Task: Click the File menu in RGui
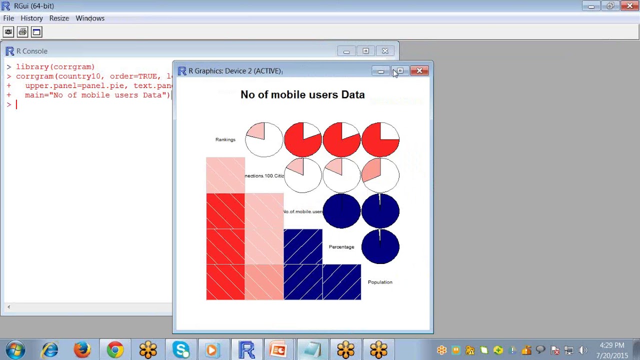8,18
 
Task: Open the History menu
31,18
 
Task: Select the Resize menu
59,18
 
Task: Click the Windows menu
90,18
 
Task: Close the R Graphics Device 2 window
419,71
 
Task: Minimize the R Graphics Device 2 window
381,71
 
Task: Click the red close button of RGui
628,6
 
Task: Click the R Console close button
385,51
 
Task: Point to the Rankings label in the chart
225,139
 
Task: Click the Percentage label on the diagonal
341,247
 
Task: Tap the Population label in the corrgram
380,282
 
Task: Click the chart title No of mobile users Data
302,94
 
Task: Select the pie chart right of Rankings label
264,139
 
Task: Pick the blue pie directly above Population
380,246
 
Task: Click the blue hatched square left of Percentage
303,246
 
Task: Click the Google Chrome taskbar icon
115,349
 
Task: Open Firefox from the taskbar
82,349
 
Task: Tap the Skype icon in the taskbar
180,349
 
